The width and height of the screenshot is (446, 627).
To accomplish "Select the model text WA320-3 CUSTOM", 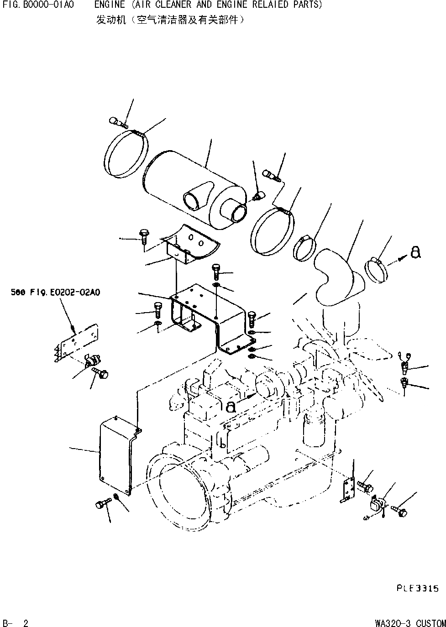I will [x=410, y=622].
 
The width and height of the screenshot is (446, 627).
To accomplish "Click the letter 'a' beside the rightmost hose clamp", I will [x=415, y=253].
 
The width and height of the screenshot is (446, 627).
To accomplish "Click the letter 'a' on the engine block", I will [x=231, y=406].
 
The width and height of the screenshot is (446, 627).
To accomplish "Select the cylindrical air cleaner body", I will [x=192, y=187].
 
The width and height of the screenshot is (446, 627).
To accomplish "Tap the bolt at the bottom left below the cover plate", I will [x=101, y=505].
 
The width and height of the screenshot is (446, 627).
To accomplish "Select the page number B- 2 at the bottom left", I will [x=16, y=622].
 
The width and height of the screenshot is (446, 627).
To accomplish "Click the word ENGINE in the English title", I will [x=109, y=5].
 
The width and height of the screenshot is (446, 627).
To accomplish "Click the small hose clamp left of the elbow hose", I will [x=305, y=246].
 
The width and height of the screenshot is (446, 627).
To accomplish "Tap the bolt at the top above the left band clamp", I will [x=117, y=121].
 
